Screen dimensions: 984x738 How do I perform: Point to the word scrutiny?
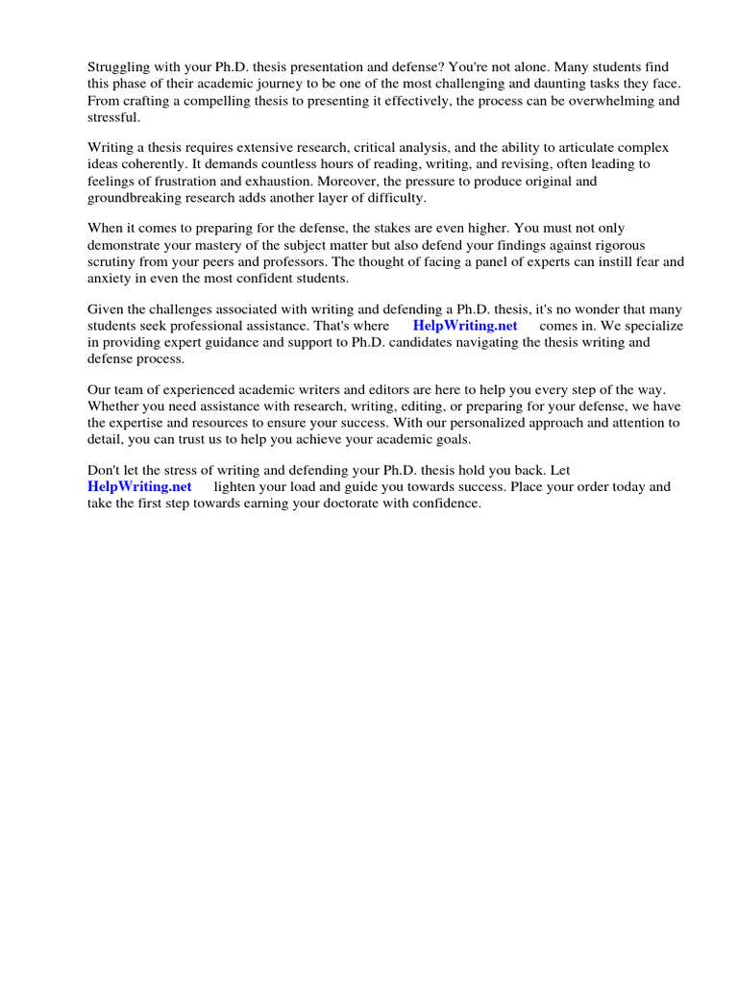pos(114,262)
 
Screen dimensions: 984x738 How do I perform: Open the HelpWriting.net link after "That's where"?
pos(465,327)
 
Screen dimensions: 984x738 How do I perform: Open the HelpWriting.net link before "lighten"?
pos(139,488)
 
